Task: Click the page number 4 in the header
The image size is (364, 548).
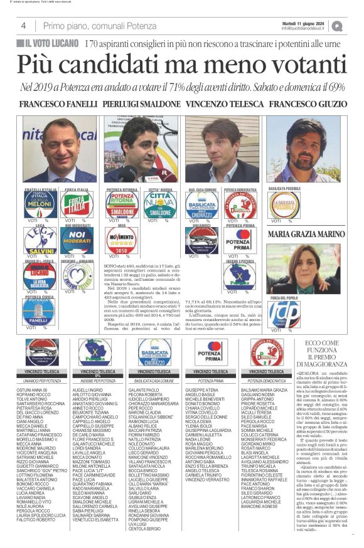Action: [x=23, y=26]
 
